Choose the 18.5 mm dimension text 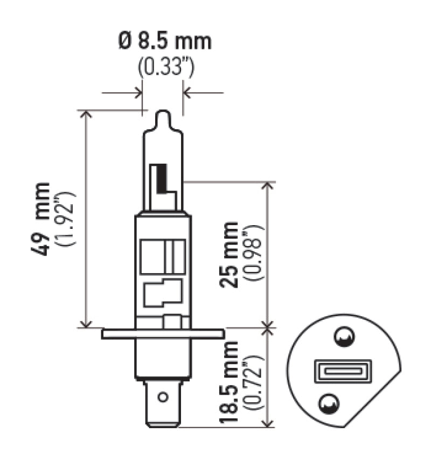coord(230,383)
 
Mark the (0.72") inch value coord(253,383)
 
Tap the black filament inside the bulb coord(160,180)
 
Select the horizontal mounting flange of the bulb coord(163,334)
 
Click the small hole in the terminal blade coord(162,398)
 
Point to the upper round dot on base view coord(343,338)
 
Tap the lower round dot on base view coord(330,403)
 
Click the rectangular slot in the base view coord(335,372)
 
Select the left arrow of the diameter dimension coord(138,93)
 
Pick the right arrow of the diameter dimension coord(187,93)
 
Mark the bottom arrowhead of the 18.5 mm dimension coord(268,424)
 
